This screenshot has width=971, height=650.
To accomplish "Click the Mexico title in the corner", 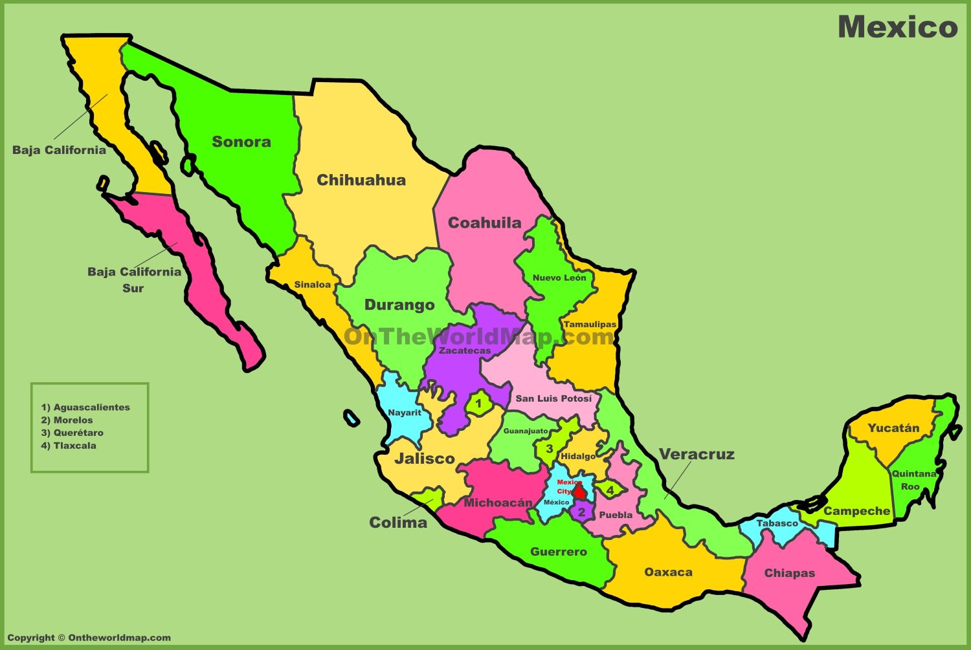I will tap(897, 27).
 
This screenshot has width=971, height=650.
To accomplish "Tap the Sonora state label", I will tap(241, 142).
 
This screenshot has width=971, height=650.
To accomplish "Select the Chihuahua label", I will tap(361, 180).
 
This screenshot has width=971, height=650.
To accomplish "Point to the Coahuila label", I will tap(485, 223).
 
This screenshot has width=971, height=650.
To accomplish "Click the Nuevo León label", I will tap(559, 277).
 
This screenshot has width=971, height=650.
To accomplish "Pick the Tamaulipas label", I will tap(590, 324).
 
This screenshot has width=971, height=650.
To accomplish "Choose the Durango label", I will tap(399, 305).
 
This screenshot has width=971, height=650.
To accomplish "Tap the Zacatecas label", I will tap(465, 351).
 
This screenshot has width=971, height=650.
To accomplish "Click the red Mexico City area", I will tap(579, 492).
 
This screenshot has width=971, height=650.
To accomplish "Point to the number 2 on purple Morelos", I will tap(581, 512).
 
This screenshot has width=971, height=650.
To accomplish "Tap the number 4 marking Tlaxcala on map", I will tap(610, 490).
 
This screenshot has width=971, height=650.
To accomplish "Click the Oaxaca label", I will tap(668, 572).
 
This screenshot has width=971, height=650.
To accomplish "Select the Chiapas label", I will tap(789, 573).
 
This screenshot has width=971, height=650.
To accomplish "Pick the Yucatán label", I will tap(893, 428).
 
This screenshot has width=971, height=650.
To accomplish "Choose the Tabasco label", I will tap(777, 523).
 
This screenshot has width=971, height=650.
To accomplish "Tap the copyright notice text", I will tap(89, 638).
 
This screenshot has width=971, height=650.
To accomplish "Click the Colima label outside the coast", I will tap(398, 523).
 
